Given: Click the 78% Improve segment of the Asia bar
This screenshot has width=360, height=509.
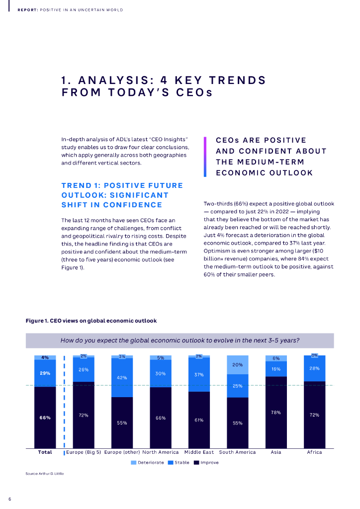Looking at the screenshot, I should click(276, 412).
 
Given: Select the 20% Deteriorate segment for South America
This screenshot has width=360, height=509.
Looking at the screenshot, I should click(238, 365).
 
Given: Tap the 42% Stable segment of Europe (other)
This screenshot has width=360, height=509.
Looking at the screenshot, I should click(122, 378).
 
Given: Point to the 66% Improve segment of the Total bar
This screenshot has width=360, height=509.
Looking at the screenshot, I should click(45, 418).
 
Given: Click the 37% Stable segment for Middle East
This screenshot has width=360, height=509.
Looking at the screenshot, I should click(199, 375).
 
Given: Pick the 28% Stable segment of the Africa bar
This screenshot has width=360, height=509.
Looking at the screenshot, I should click(314, 368).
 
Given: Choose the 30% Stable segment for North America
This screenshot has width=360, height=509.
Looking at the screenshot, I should click(160, 373).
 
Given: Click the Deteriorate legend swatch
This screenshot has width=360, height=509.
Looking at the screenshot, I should click(133, 463).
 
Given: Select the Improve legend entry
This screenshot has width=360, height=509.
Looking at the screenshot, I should click(206, 463).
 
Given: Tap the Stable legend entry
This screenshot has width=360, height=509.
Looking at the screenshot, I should click(179, 463).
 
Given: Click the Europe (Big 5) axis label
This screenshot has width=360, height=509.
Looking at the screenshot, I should click(84, 452).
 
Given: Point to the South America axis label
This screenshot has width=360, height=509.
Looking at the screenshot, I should click(238, 452).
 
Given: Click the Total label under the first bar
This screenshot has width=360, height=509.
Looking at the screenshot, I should click(45, 452).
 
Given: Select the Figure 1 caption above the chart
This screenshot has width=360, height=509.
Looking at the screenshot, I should click(91, 321).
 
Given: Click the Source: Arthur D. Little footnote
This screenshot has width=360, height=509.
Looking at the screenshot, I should click(45, 474).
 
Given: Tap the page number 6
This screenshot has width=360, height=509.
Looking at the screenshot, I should click(9, 499).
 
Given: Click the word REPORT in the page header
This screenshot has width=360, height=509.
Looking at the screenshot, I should click(27, 10).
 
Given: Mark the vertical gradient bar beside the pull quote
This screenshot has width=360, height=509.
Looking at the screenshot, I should click(205, 157).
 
